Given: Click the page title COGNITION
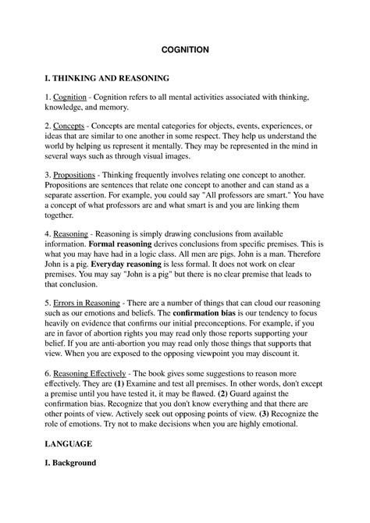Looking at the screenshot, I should (184, 48).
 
